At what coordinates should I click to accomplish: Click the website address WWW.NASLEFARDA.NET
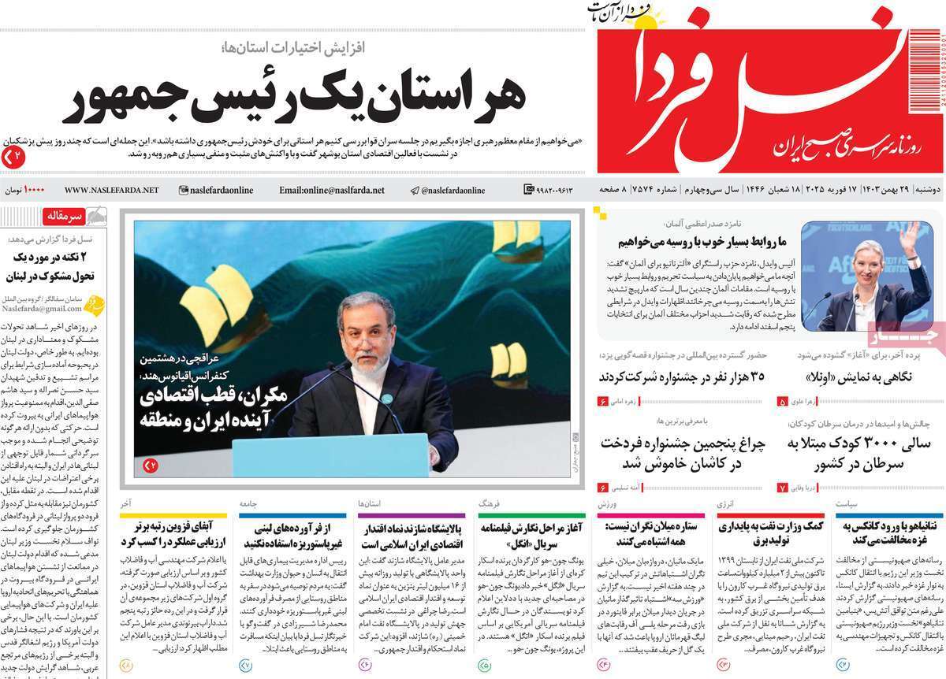[x=111, y=191]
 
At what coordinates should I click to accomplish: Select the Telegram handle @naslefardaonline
[x=446, y=191]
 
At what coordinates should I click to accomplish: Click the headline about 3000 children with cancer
[x=861, y=453]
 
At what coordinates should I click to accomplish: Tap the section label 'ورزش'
[x=617, y=502]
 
